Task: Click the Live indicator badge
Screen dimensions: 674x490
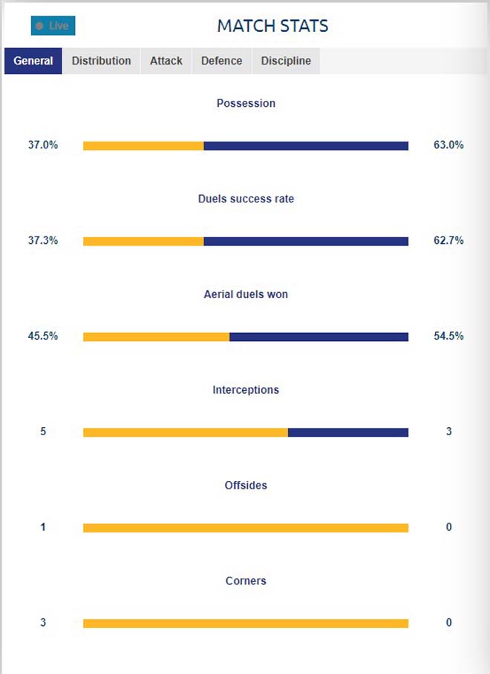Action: point(53,26)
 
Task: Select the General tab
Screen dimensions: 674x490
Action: point(33,61)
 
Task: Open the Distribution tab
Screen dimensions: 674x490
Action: point(101,61)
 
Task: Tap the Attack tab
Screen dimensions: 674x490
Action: point(166,61)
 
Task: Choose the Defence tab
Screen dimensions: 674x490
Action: point(222,61)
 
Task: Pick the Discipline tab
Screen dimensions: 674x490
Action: point(286,61)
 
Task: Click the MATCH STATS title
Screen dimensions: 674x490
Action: point(272,26)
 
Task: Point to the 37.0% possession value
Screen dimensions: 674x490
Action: point(43,145)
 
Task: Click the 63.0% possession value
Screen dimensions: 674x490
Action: point(448,145)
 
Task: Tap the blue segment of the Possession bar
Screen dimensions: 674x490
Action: point(306,146)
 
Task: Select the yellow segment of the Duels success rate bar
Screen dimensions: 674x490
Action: point(143,241)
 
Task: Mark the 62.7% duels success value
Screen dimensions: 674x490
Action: point(448,240)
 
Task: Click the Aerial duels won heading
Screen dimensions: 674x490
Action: point(246,294)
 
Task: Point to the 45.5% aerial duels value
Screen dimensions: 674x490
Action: point(43,336)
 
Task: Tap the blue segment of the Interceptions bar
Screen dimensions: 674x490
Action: point(348,432)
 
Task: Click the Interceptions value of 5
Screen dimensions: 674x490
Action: point(43,432)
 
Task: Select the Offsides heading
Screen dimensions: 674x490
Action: point(246,486)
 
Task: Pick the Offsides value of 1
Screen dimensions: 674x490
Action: point(43,527)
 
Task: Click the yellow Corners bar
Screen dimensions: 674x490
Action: point(246,624)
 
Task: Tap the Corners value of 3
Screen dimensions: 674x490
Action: point(43,623)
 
